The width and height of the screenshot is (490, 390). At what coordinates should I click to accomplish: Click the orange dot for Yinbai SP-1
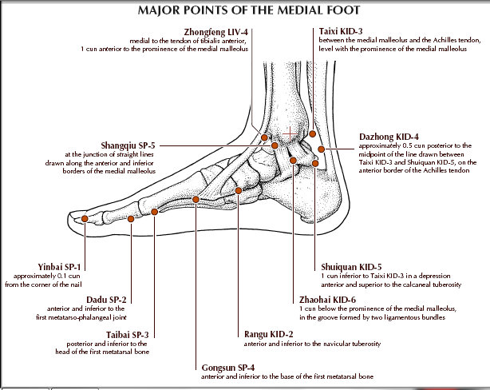point(85,219)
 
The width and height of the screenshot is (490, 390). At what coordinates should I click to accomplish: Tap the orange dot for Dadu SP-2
point(131,219)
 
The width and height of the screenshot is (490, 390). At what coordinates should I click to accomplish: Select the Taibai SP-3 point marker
point(154,212)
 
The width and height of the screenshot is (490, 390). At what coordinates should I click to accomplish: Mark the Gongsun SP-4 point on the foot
point(196,199)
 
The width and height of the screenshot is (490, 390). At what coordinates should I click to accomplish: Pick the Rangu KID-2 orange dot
point(239,191)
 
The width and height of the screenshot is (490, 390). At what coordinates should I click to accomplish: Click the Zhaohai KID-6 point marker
point(293,161)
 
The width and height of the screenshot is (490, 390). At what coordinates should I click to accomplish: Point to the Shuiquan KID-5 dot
point(315,163)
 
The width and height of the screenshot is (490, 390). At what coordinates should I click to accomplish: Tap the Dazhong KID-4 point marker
point(322,149)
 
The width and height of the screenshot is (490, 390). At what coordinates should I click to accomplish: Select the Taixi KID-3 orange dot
point(313,134)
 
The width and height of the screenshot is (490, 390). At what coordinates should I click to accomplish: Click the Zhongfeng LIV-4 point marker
point(264,137)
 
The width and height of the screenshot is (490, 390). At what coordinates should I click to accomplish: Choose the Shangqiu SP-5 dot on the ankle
point(275,145)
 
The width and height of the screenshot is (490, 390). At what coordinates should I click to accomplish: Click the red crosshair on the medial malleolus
point(290,134)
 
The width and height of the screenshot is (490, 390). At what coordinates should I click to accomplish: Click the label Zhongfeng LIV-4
point(216,32)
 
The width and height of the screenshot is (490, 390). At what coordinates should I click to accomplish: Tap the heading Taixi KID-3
point(341,31)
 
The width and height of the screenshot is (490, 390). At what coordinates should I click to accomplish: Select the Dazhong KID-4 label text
point(389,137)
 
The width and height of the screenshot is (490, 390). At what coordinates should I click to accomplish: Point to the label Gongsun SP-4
point(228,368)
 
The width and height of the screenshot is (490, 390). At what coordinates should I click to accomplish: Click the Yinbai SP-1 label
point(59,267)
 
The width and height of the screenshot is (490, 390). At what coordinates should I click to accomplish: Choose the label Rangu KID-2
point(269,335)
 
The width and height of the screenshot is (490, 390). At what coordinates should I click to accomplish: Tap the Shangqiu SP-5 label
point(128,145)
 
